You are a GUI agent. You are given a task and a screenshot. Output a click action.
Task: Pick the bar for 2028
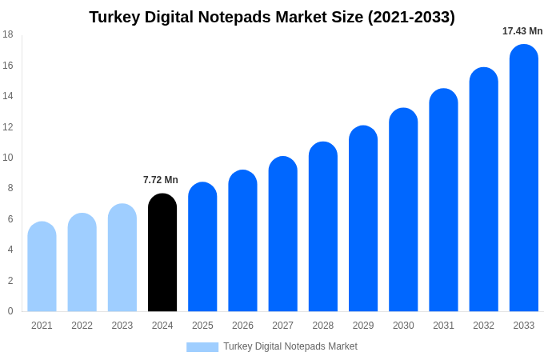point(323,227)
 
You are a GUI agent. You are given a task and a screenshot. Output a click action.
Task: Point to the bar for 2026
point(242,241)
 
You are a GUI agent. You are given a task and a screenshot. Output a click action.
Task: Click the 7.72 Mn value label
point(161,180)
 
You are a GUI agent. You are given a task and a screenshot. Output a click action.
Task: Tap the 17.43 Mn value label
point(522,31)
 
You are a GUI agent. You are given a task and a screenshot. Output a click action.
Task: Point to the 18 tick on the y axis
point(7,34)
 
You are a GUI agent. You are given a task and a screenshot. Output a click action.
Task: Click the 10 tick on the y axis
point(7,158)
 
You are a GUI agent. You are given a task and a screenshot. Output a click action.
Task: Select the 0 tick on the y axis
point(10,311)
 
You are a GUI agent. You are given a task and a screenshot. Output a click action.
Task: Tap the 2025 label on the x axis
point(202,326)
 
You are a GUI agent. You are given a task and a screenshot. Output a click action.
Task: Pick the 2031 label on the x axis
point(443,326)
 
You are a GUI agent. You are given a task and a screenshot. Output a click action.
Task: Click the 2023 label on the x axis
point(122,326)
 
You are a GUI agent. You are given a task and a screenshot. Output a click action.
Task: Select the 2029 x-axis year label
point(363,326)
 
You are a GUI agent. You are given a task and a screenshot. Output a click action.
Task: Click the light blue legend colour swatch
point(202,346)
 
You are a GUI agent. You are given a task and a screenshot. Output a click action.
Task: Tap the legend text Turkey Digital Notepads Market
point(290,346)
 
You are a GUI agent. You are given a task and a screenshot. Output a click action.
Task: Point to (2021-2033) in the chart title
point(411,17)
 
